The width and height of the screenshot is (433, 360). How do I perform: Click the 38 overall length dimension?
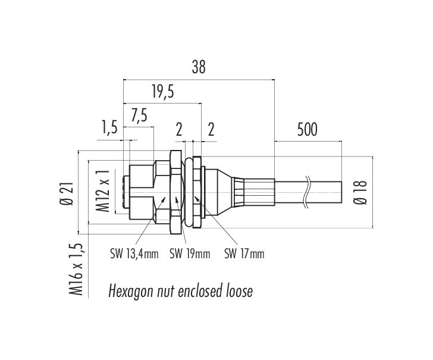(x=199, y=67)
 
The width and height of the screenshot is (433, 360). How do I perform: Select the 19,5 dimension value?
(x=163, y=92)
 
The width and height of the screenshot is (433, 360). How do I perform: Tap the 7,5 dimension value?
(x=139, y=115)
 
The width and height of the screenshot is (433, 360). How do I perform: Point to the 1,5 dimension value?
(x=109, y=127)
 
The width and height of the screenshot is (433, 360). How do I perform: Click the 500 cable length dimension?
(x=308, y=130)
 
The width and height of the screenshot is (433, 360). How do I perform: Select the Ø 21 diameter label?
(x=67, y=193)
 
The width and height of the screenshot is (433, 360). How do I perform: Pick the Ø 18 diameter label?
(x=360, y=192)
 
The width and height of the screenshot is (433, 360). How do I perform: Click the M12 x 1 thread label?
(x=102, y=191)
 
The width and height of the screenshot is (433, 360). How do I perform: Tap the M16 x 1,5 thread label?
(x=76, y=270)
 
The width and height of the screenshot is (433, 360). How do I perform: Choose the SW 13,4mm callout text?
(x=134, y=253)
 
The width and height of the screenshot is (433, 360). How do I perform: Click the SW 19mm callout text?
(x=190, y=253)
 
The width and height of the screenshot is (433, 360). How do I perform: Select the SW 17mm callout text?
(x=244, y=253)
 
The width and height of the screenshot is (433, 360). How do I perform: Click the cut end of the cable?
(x=342, y=193)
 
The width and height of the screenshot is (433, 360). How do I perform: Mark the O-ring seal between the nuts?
(x=188, y=193)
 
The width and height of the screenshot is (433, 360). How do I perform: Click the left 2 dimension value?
(x=179, y=130)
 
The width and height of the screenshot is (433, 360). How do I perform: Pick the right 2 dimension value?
(x=211, y=130)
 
